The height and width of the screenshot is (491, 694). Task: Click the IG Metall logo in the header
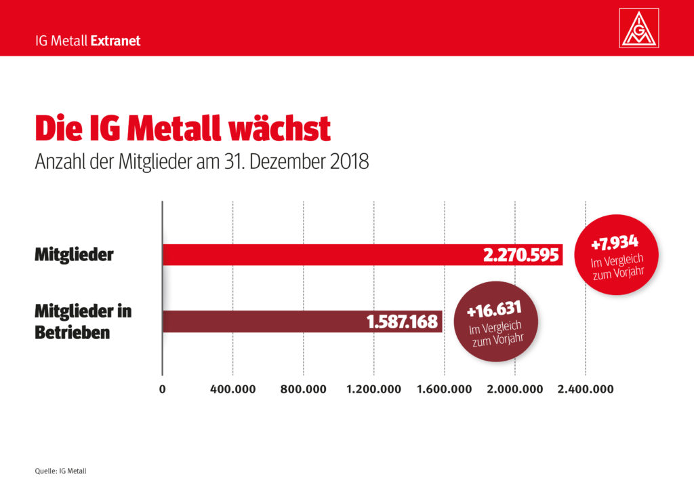coord(639,29)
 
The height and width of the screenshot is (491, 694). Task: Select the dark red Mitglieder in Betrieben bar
coord(264,321)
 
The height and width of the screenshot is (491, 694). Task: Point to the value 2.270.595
coord(520,255)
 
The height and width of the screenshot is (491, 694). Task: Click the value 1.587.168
coord(402,322)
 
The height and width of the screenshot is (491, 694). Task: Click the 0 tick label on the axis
coord(163,389)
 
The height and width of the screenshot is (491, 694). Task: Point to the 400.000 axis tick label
coord(233,389)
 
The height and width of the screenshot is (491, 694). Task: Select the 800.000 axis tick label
coord(303,389)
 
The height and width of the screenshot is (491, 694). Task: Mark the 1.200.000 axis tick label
coord(373,389)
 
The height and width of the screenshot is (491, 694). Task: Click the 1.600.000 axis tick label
coord(444,389)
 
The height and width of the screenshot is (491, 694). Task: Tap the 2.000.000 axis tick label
coord(514,389)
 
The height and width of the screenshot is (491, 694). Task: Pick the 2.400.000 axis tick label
coord(585,389)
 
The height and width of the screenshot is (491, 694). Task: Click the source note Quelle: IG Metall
coord(60,470)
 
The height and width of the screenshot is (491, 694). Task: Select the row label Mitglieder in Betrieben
coord(83,322)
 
